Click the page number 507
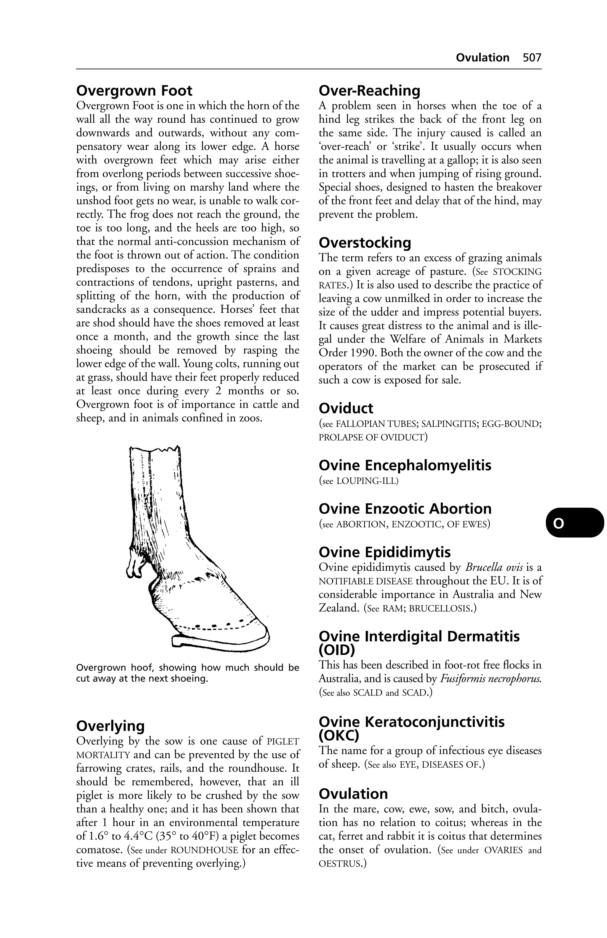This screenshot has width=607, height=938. [x=532, y=57]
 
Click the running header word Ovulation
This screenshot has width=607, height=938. [x=483, y=57]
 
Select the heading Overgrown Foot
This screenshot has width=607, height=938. [x=134, y=91]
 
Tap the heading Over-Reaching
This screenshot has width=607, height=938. [x=369, y=91]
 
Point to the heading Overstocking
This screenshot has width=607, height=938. [x=365, y=242]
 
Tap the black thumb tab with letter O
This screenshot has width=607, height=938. [x=574, y=523]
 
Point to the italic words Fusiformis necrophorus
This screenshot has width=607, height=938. [x=490, y=679]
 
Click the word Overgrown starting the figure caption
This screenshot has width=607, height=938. [x=101, y=668]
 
